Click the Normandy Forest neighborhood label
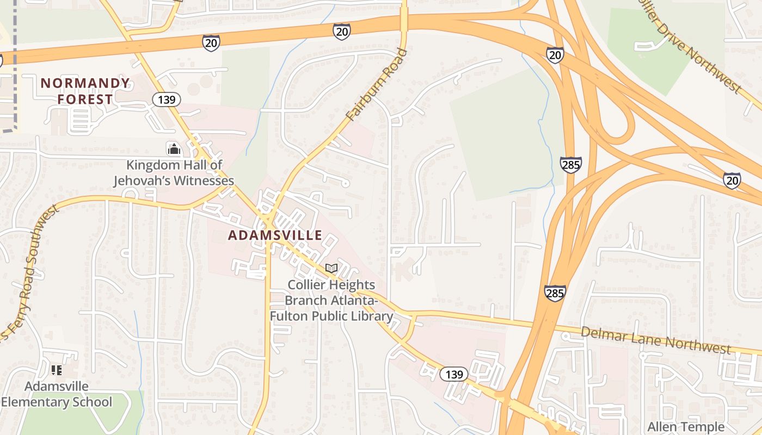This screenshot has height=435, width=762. point(85,91)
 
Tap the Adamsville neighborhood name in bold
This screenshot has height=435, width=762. point(275,235)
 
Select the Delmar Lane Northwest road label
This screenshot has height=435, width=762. point(656,340)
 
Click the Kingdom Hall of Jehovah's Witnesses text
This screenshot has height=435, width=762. point(174,173)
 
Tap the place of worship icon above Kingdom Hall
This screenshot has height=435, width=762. point(174,148)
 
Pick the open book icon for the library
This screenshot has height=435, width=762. point(331,268)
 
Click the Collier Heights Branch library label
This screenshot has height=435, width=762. point(331,300)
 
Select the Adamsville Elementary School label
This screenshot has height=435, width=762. point(57,394)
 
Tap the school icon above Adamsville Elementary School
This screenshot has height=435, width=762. point(57,371)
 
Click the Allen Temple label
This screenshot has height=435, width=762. point(686,427)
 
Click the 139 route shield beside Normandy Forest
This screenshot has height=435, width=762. point(165,100)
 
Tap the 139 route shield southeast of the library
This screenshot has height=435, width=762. point(453,374)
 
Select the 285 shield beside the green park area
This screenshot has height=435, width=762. point(570,165)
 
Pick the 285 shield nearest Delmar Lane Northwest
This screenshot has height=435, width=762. point(555,293)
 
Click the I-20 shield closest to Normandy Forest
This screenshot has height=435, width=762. point(211,43)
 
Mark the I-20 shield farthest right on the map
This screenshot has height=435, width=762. point(732,180)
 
